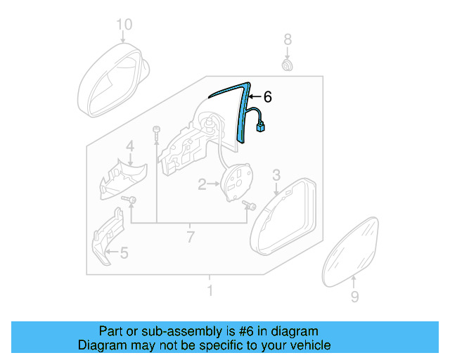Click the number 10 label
124,26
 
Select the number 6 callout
266,98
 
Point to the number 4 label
130,146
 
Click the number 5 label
124,252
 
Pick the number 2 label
202,185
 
